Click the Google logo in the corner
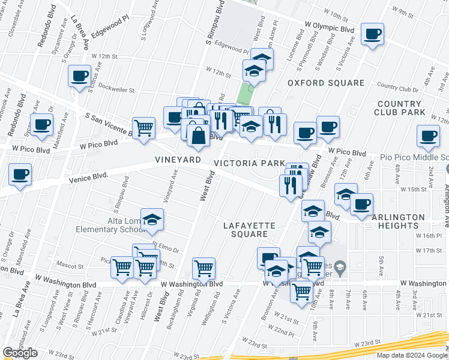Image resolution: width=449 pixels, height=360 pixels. [20, 353]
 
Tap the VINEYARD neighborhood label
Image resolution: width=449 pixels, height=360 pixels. [177, 160]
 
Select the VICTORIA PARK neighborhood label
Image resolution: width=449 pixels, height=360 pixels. [249, 163]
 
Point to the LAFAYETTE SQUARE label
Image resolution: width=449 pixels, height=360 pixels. [249, 230]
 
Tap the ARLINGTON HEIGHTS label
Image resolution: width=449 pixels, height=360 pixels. [394, 221]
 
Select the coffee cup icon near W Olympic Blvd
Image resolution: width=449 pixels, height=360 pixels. [372, 34]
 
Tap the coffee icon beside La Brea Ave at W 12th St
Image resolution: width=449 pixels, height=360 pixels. [79, 76]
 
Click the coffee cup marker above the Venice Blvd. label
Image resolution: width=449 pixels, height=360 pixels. [20, 175]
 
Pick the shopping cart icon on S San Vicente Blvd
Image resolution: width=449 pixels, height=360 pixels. [143, 128]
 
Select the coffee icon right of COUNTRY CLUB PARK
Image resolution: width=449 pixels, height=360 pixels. [427, 136]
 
